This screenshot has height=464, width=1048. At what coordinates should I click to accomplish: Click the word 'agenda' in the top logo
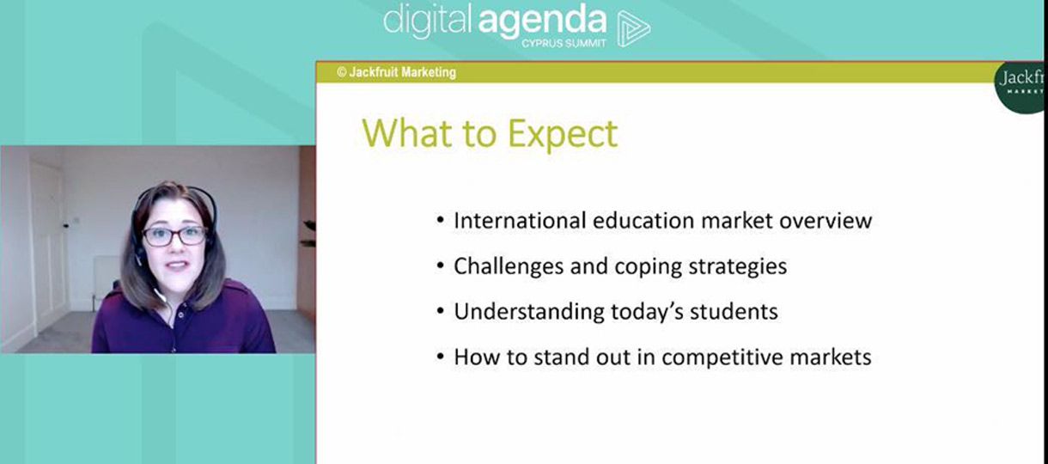pos(542,23)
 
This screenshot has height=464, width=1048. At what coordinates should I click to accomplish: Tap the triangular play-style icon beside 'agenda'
pos(633,28)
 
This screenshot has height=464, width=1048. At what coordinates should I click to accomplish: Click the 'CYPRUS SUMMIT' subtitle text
pos(564,43)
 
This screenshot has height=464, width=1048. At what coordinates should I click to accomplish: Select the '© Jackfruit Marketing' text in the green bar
pos(396,72)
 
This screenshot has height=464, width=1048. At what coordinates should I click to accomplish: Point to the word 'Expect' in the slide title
pos(563,134)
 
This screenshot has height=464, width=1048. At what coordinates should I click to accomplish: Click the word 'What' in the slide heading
pos(406,133)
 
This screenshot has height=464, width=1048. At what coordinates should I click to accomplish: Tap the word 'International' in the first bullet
pos(520,221)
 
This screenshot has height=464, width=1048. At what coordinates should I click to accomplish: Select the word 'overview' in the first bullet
pos(826,221)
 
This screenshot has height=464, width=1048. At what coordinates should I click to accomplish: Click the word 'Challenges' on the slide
pos(508,266)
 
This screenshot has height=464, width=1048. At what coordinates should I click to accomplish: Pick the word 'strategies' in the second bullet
pos(738,266)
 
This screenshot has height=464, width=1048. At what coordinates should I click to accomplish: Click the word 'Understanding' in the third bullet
pos(528,312)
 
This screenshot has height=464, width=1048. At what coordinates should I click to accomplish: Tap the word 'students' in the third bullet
pos(734,312)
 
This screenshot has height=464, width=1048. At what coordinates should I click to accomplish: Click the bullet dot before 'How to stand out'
pos(440,357)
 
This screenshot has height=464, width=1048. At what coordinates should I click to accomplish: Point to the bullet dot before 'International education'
pos(440,220)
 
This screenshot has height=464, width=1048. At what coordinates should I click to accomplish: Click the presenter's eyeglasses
pos(174,236)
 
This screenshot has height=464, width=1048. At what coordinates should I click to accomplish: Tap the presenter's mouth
pos(177,266)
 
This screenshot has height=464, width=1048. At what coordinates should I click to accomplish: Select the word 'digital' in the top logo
pos(427,22)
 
